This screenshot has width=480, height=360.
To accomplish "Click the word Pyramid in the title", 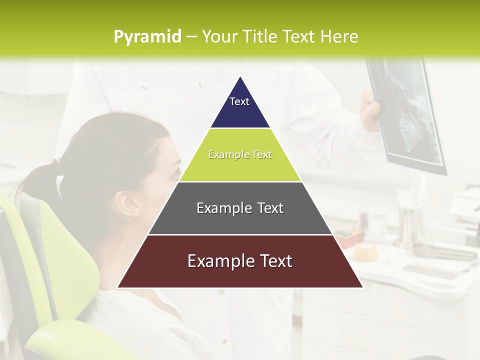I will tap(147, 37).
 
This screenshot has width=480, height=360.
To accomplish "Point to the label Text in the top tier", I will tap(239, 101).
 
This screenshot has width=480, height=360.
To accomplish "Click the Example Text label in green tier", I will tap(240, 154).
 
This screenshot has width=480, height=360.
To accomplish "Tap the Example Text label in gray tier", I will tap(240, 208).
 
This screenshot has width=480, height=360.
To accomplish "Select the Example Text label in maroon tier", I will tap(240, 261).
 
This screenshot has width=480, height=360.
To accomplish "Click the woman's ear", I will tap(124, 203).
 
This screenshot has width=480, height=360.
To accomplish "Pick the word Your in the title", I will tap(218, 37).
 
